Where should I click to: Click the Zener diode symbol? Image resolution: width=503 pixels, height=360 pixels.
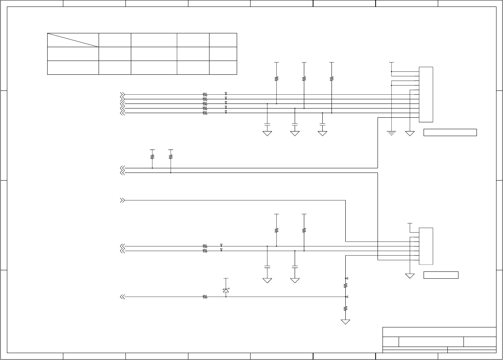[x=226, y=291]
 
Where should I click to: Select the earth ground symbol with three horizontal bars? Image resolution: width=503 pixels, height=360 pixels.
[x=391, y=133]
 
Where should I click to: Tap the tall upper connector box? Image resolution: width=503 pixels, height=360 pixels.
[x=426, y=94]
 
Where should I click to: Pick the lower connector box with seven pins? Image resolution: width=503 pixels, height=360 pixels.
[x=426, y=246]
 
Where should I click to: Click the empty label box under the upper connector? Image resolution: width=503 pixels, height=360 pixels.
[x=450, y=133]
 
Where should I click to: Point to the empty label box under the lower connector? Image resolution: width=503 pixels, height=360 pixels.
[x=441, y=275]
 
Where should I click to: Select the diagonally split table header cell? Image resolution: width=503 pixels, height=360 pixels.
[x=73, y=40]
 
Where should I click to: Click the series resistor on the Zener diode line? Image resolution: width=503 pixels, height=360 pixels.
[x=205, y=297]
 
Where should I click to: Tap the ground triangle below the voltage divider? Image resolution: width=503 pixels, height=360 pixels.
[x=345, y=322]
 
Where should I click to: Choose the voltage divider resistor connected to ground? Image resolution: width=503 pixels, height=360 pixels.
[x=345, y=308]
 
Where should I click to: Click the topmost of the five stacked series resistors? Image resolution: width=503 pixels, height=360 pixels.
[x=205, y=94]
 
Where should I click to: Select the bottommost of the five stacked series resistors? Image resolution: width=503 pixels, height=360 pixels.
[x=205, y=113]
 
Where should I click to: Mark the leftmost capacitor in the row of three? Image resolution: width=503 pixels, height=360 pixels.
[x=267, y=125]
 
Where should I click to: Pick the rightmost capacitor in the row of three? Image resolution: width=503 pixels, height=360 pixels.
[x=322, y=125]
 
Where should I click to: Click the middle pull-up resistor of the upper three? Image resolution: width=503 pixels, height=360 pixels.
[x=304, y=79]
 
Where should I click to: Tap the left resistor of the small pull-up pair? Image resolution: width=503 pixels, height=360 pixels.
[x=152, y=156]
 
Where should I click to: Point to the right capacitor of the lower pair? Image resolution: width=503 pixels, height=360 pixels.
[x=295, y=266]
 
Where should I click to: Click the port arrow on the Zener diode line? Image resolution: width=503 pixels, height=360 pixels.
[x=122, y=297]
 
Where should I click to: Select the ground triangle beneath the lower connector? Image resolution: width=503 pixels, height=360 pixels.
[x=410, y=276]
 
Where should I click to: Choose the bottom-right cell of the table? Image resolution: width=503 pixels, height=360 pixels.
[x=223, y=67]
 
